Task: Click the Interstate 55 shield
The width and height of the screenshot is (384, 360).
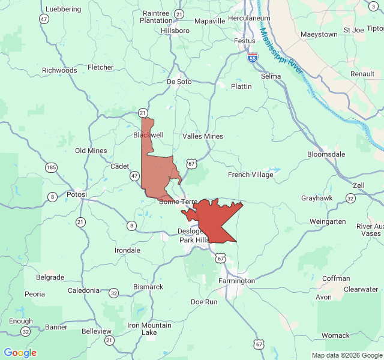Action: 253,58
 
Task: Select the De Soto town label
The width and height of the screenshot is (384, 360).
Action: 179,82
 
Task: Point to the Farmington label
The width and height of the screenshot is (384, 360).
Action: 236,281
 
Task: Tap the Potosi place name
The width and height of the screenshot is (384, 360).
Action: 76,194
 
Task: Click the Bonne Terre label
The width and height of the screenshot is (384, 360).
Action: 178,202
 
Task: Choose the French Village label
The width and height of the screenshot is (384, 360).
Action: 250,175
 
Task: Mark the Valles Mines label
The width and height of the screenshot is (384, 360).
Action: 203,136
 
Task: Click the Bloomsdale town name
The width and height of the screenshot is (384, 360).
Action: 326,154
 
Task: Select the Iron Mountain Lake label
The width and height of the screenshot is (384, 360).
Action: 149,329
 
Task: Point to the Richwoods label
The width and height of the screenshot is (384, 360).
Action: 59,70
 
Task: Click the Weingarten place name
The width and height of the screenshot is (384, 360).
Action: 328,221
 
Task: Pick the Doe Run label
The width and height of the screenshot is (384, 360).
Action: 204,302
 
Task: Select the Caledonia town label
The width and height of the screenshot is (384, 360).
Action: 83,290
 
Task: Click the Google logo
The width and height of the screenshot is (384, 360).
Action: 20,353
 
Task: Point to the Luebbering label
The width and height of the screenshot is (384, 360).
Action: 62,10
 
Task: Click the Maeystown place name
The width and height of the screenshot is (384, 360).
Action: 319,34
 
